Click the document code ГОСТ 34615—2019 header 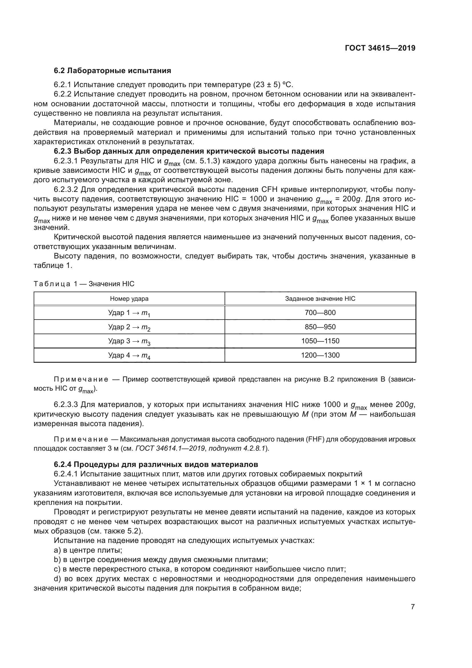pyautogui.click(x=380, y=48)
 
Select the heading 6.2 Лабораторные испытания pyautogui.click(x=112, y=71)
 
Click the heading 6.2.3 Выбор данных pyautogui.click(x=189, y=151)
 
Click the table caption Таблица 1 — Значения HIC pyautogui.click(x=84, y=284)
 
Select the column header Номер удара pyautogui.click(x=129, y=298)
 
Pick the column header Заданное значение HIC pyautogui.click(x=320, y=298)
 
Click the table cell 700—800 pyautogui.click(x=320, y=313)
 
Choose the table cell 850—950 pyautogui.click(x=320, y=327)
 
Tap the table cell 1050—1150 pyautogui.click(x=320, y=341)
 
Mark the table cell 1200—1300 pyautogui.click(x=320, y=355)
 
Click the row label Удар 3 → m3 pyautogui.click(x=129, y=341)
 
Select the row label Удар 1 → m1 pyautogui.click(x=129, y=313)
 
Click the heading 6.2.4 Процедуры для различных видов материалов pyautogui.click(x=156, y=464)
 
